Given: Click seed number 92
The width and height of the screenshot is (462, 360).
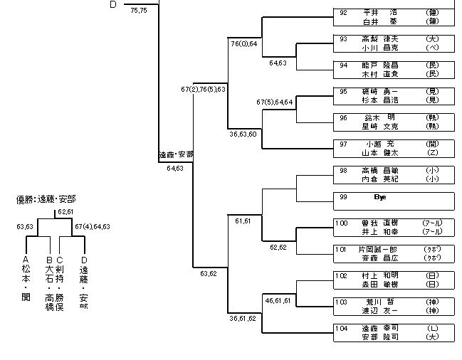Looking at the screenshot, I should pos(343,12).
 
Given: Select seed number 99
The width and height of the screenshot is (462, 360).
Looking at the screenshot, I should pos(343,196).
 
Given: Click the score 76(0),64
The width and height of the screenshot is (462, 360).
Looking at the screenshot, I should pos(244,44).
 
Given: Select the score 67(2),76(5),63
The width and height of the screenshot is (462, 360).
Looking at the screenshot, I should pos(204,90).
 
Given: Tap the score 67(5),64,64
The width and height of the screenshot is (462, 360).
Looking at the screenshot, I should pos(275,102).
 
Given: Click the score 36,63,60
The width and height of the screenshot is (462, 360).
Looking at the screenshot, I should pos(243,133).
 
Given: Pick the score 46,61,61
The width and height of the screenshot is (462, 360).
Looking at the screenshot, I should pos(278,301).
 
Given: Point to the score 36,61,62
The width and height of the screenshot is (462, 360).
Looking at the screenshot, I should pos(243,318).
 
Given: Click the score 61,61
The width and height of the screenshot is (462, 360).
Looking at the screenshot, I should pos(243,221).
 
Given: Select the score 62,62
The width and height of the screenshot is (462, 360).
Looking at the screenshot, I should pos(278,248).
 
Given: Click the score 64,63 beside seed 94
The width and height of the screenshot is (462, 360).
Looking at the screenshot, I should pos(278,63).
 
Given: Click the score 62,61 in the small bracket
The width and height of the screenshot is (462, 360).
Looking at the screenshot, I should pos(65,212).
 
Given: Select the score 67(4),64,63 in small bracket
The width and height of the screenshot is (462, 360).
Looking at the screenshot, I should pos(93,227).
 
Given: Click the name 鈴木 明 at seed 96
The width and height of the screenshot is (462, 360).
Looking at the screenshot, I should pos(381,117).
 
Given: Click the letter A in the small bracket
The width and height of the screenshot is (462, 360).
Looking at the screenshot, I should pos(26,260).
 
